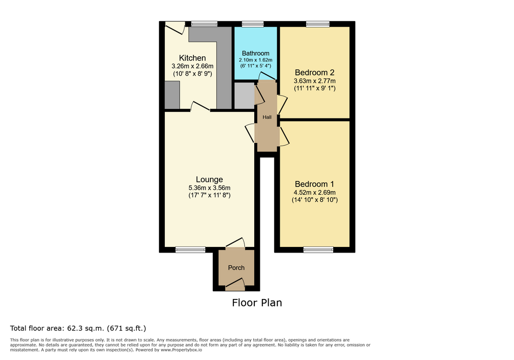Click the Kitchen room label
(192, 58)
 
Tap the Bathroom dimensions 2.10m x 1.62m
(256, 60)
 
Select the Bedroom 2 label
(315, 72)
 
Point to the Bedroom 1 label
(314, 184)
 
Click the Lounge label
(209, 179)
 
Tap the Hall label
(267, 117)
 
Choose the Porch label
(236, 268)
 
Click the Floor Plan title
(257, 302)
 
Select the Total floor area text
(78, 328)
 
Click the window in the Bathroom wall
(253, 24)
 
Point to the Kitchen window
(204, 24)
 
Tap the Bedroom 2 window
(318, 24)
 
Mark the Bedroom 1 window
(318, 249)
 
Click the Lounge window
(190, 249)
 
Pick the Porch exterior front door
(235, 284)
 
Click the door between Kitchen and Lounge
(200, 106)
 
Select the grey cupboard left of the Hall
(245, 95)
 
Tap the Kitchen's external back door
(175, 27)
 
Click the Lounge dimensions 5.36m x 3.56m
(209, 188)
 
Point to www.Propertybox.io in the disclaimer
(181, 350)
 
